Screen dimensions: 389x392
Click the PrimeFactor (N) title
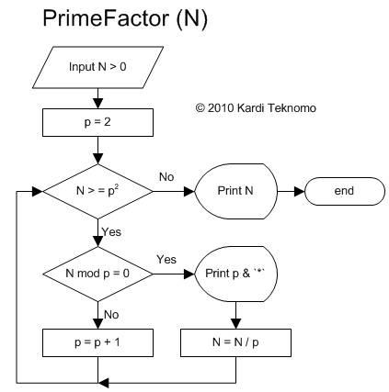click(125, 19)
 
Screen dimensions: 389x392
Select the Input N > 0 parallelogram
click(97, 67)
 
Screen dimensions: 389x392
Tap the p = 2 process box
click(97, 122)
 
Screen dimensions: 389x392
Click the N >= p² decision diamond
click(97, 192)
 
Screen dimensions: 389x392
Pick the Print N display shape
click(235, 191)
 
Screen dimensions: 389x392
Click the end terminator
click(345, 191)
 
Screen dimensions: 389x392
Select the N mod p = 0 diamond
click(97, 274)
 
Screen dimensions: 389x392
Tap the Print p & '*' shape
click(235, 274)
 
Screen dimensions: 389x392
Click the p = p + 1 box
click(97, 342)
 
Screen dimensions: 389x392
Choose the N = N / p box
click(235, 342)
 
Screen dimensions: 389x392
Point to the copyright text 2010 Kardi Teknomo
click(256, 108)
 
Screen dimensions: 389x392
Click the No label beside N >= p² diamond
click(166, 177)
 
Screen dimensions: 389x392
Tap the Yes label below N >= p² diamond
click(111, 232)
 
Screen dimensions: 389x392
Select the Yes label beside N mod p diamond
click(166, 260)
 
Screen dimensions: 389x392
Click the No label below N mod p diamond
click(111, 315)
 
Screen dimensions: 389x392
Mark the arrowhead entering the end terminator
click(299, 192)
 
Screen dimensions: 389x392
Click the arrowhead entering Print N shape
click(189, 192)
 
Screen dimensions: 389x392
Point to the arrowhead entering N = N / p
click(235, 324)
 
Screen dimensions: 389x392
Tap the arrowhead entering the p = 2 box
click(97, 104)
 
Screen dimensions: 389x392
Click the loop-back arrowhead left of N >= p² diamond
click(37, 192)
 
